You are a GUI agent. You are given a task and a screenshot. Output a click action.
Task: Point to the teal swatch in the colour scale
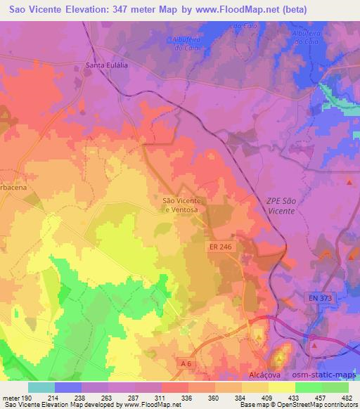point(41,387)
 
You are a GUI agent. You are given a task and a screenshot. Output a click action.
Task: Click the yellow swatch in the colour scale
point(282,387)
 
